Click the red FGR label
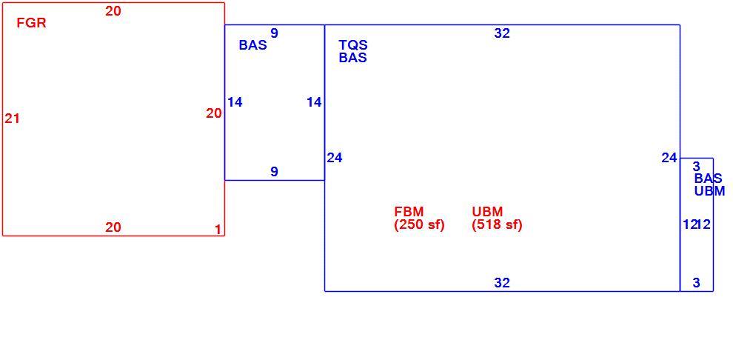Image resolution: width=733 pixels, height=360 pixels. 31,23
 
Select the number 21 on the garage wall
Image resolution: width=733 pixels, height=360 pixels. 12,119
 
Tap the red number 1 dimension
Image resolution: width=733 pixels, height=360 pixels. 218,230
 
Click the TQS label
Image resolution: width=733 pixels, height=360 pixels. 353,45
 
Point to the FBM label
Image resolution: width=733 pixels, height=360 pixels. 409,212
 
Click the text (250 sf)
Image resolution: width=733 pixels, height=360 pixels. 419,225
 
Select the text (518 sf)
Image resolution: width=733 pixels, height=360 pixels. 497,225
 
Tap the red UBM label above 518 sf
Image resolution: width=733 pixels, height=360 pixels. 488,212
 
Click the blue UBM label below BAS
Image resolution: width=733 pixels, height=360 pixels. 709,191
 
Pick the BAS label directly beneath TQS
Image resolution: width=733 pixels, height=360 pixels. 353,58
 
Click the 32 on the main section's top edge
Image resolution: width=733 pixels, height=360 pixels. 502,33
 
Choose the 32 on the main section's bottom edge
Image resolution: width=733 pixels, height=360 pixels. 502,283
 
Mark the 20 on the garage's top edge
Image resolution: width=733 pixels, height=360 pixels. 113,11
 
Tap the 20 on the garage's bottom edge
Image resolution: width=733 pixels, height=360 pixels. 113,227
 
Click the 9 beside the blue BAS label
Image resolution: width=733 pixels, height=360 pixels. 275,33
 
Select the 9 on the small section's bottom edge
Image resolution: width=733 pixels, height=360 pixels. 275,172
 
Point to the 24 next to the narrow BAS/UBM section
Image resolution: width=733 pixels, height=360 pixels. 669,158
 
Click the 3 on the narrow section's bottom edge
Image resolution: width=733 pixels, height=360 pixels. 697,283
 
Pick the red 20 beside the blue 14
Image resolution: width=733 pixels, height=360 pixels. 214,113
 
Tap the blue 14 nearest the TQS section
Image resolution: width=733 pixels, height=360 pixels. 314,102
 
